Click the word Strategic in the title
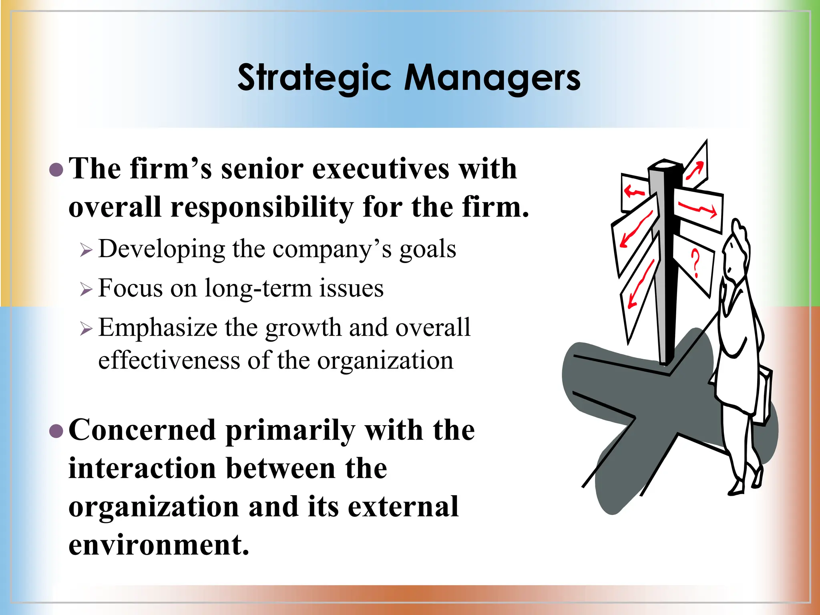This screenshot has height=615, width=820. pos(314,78)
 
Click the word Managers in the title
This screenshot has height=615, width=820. pos(492,78)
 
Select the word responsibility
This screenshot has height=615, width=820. pos(262,208)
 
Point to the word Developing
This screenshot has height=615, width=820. pos(162,249)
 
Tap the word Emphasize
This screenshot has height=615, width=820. pos(158,328)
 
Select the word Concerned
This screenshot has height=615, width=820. pos(142,430)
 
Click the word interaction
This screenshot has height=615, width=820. pos(142,469)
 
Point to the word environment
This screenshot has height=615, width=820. pos(159,545)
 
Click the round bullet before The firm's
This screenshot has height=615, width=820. pos(56,170)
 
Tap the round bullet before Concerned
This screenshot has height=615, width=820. pos(56,431)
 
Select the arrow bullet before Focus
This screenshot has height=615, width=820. pos(86,289)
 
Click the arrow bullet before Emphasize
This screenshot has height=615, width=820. pos(86,328)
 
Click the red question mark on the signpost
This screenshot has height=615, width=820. pos(696,263)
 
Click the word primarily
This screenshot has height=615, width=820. pos(290,430)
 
